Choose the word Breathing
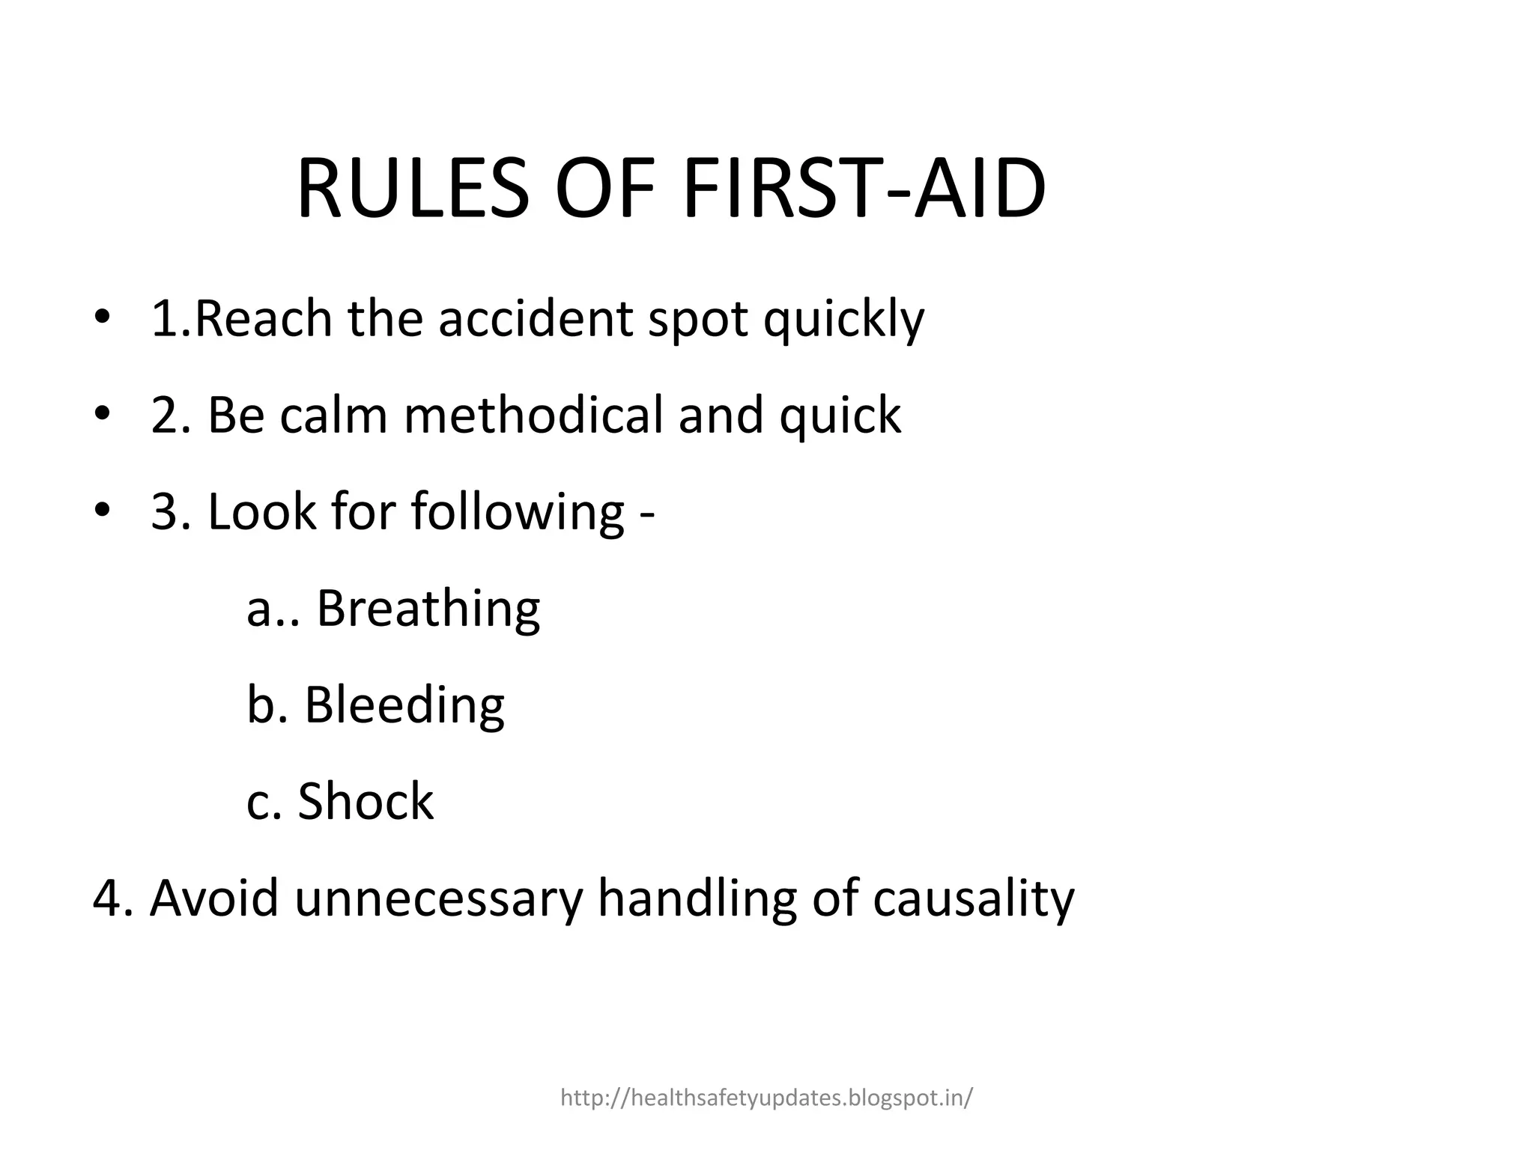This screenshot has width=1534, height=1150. pos(428,609)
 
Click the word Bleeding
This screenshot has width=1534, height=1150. pos(404,705)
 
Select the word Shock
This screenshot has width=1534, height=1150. pos(366,801)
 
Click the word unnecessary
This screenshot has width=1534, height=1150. pos(438,899)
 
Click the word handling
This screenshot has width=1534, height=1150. pos(697,899)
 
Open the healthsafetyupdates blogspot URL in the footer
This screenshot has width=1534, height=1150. pos(766,1098)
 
